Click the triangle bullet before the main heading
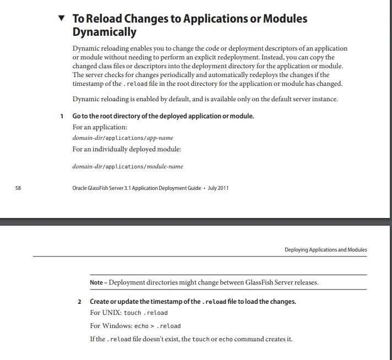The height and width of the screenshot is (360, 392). point(62,18)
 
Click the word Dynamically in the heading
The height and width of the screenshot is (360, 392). point(105,32)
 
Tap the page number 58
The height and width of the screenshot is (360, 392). point(18,188)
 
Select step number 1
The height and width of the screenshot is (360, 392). point(62,117)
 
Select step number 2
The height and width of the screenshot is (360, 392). point(79,302)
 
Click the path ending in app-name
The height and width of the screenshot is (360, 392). point(123,138)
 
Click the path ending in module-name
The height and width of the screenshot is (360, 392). point(128,166)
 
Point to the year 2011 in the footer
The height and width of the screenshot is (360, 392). point(222,188)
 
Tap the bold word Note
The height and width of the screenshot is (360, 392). point(96,282)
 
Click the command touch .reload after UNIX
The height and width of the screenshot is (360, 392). point(146,313)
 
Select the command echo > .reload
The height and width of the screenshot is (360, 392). point(157,326)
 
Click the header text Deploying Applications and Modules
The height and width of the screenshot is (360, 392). point(325,250)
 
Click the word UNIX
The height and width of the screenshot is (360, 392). point(111,313)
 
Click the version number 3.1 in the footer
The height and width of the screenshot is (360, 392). point(130,188)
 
